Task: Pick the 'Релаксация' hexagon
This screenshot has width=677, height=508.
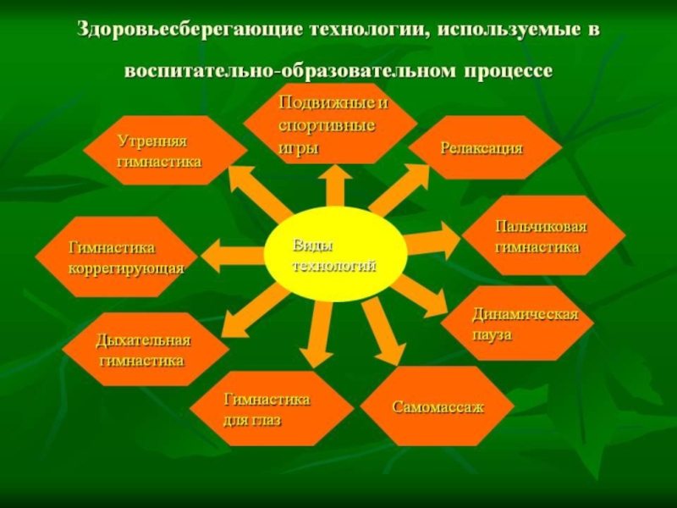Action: (483, 148)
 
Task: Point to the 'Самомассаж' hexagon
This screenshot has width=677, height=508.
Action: (437, 406)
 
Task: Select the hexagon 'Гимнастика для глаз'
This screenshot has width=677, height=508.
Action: (267, 409)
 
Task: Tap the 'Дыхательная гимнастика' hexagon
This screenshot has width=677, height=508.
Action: (144, 349)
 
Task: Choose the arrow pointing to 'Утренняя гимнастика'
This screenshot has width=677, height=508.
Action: (258, 190)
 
